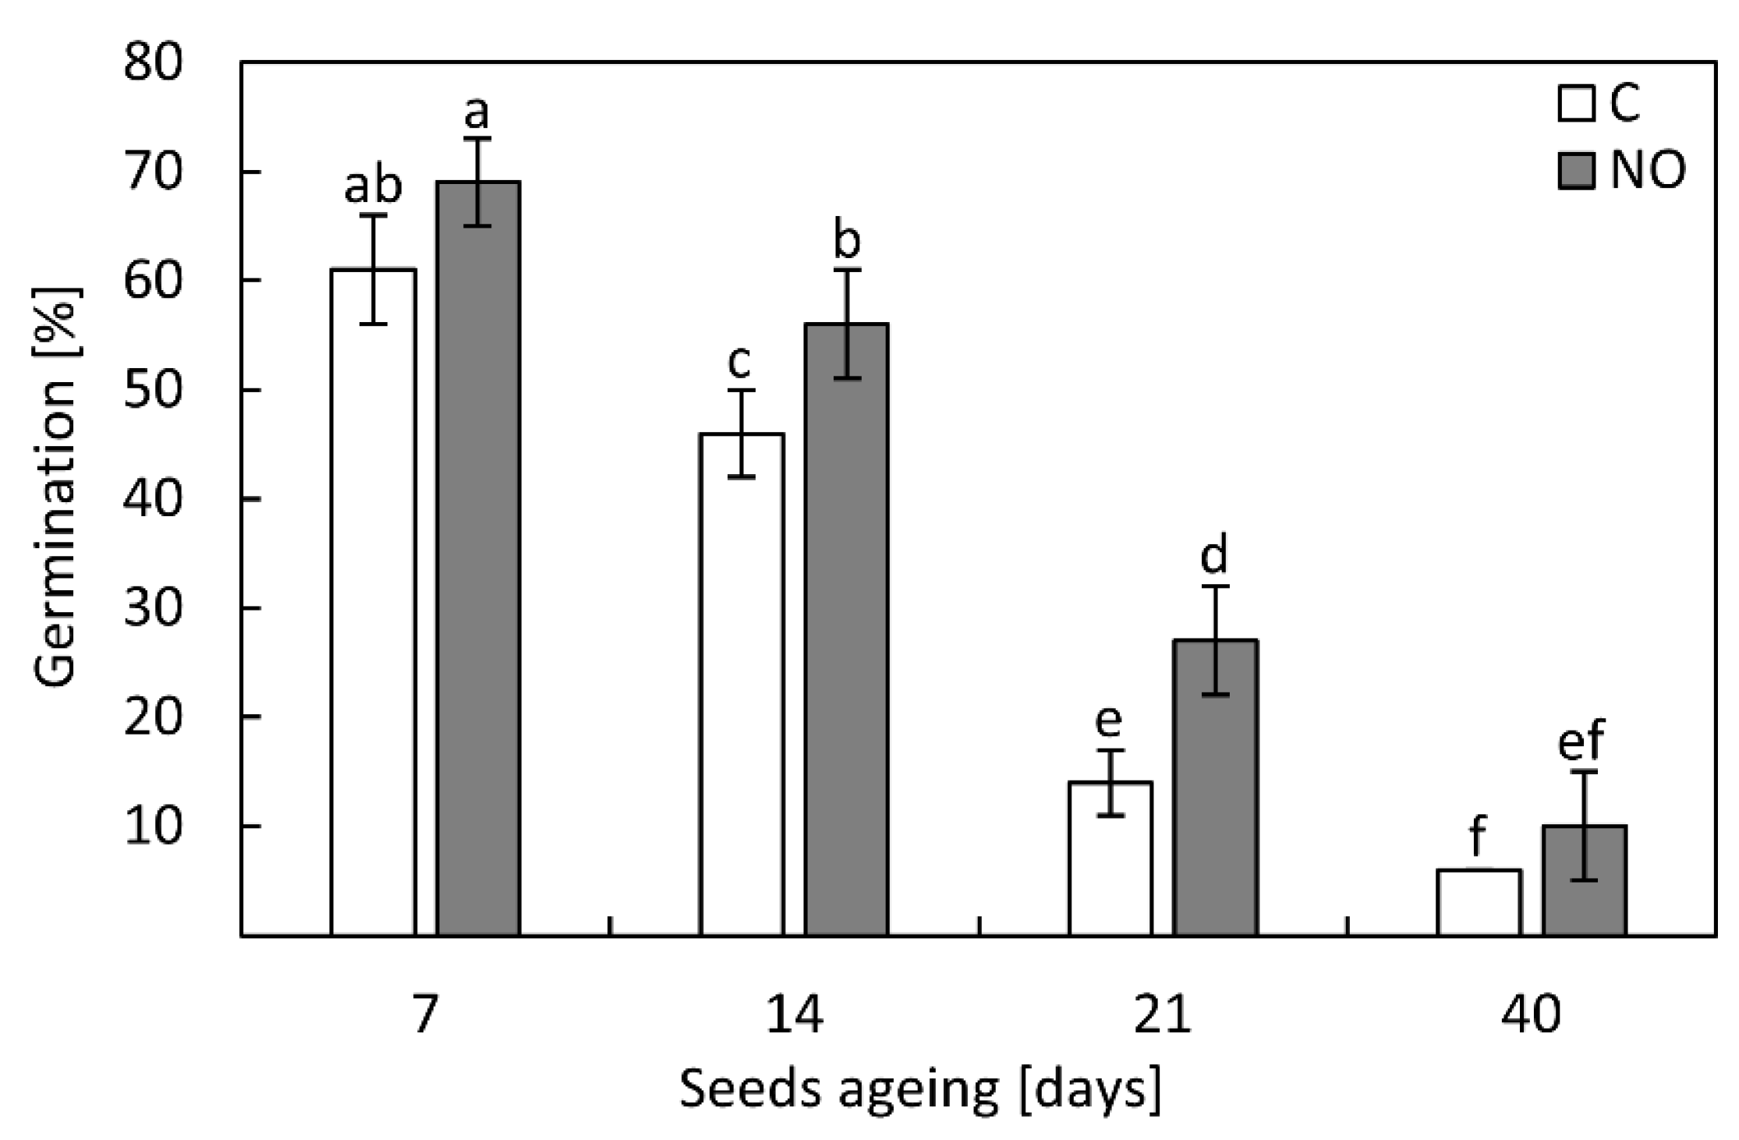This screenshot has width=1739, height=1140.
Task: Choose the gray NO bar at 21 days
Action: pyautogui.click(x=1216, y=788)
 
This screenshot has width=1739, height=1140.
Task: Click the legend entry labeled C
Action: pyautogui.click(x=1599, y=103)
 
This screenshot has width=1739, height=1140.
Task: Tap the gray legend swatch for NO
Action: pyautogui.click(x=1575, y=171)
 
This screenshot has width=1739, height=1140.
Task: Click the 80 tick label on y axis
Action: pyautogui.click(x=154, y=62)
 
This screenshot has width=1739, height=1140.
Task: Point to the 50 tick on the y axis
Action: pyautogui.click(x=154, y=390)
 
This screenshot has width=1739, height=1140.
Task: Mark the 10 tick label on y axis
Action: pyautogui.click(x=154, y=826)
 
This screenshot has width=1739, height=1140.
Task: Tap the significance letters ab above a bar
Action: pyautogui.click(x=374, y=185)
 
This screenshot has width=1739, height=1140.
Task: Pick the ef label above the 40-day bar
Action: pyautogui.click(x=1581, y=740)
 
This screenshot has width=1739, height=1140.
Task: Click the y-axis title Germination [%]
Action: pyautogui.click(x=56, y=487)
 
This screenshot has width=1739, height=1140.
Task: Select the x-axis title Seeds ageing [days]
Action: pyautogui.click(x=920, y=1089)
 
